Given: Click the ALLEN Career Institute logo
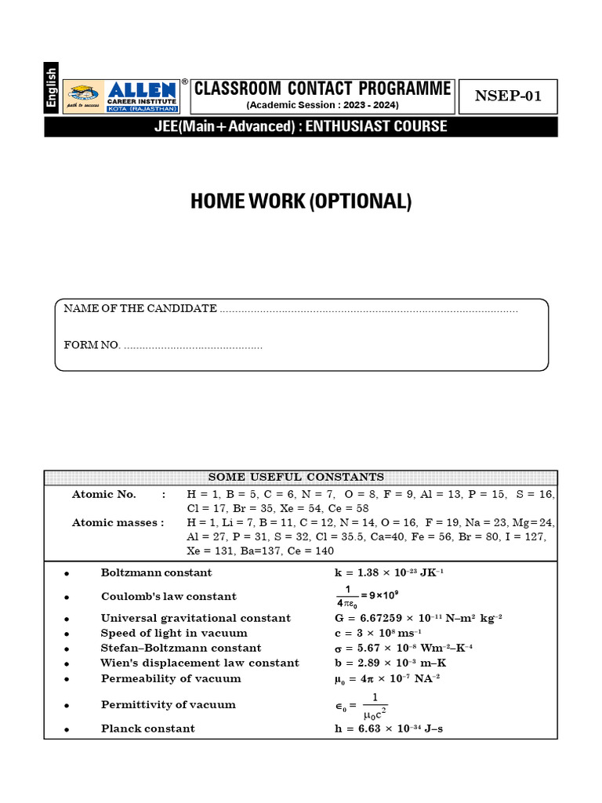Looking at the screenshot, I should [x=122, y=96].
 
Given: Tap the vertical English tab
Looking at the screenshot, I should [x=52, y=87].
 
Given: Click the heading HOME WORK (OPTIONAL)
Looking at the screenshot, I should [x=301, y=202].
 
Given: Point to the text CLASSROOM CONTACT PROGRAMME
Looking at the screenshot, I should [x=322, y=88].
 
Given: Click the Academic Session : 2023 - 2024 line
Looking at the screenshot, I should [x=322, y=105].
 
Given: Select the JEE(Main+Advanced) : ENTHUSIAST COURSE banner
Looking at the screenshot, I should [x=301, y=126].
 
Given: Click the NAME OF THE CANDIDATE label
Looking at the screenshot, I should [x=140, y=309].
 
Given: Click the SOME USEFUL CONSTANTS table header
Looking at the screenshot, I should [x=301, y=477].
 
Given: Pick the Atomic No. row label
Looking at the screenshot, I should [x=104, y=494].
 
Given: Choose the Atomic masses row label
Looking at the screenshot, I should [x=118, y=522].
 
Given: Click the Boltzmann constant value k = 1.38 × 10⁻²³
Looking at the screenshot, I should [x=389, y=572].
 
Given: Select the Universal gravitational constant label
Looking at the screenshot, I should [x=195, y=618].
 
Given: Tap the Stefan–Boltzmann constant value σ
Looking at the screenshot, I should [x=403, y=648].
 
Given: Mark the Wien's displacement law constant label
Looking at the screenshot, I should [x=200, y=663].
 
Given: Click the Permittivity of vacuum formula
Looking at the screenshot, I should [x=362, y=705].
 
